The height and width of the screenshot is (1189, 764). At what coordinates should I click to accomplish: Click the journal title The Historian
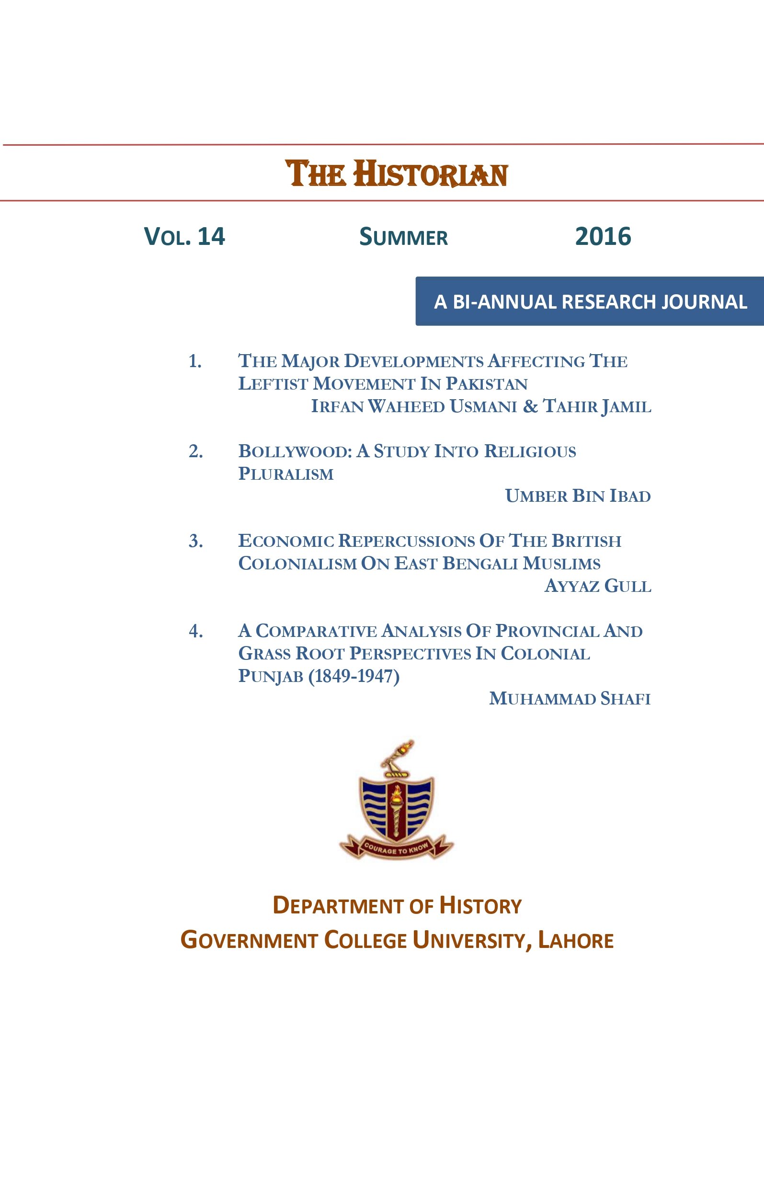click(x=397, y=173)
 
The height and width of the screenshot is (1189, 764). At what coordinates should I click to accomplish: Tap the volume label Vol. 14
click(x=184, y=236)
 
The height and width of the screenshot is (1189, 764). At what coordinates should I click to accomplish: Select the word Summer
click(x=403, y=237)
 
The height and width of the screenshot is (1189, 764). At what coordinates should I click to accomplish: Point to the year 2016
click(x=603, y=236)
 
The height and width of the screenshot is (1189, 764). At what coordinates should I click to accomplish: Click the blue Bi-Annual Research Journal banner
click(x=589, y=301)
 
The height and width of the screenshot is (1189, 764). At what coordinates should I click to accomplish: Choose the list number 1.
click(x=195, y=361)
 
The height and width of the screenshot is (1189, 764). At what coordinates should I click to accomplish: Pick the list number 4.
click(x=195, y=631)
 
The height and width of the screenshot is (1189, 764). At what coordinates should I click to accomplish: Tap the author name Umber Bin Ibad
click(x=578, y=496)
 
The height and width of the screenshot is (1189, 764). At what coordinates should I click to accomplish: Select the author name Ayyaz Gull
click(x=597, y=586)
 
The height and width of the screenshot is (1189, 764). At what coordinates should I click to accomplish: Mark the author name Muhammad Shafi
click(x=570, y=698)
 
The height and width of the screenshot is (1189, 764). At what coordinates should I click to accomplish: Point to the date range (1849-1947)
click(x=353, y=676)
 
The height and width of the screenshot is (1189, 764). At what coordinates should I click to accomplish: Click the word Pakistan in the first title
click(x=487, y=383)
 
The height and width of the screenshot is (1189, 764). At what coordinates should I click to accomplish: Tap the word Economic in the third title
click(x=286, y=541)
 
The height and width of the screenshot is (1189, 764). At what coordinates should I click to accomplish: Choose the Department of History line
click(x=397, y=905)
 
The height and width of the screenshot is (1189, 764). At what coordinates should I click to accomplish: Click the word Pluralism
click(x=286, y=473)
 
